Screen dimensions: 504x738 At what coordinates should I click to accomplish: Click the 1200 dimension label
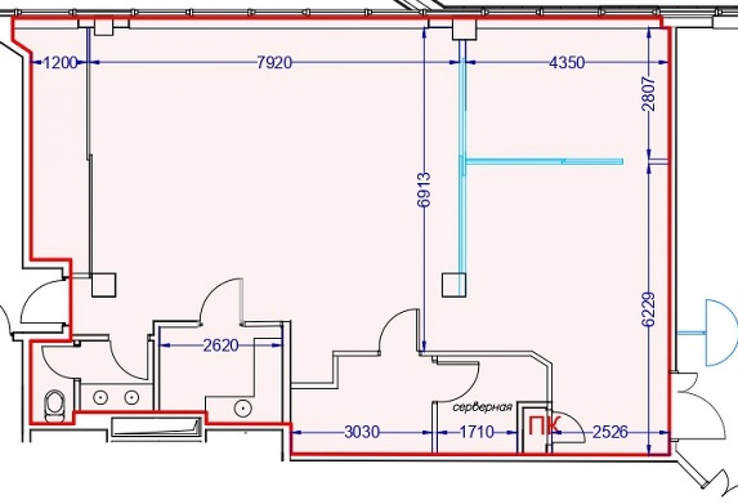coord(60,62)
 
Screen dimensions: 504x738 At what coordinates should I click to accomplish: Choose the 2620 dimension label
coord(221,345)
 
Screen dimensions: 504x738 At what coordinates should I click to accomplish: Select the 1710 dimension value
coord(476,433)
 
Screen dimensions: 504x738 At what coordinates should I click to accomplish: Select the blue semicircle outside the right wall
coord(720,332)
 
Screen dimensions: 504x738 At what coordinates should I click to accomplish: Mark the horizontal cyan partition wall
coord(544,161)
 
